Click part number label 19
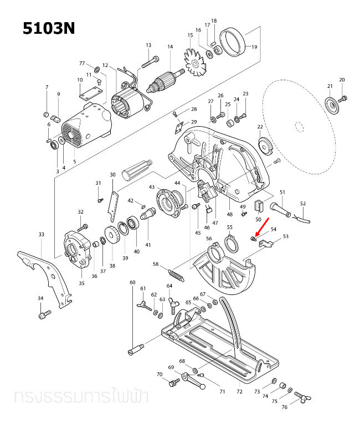[x=255, y=47]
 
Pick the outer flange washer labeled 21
[x=331, y=105]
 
